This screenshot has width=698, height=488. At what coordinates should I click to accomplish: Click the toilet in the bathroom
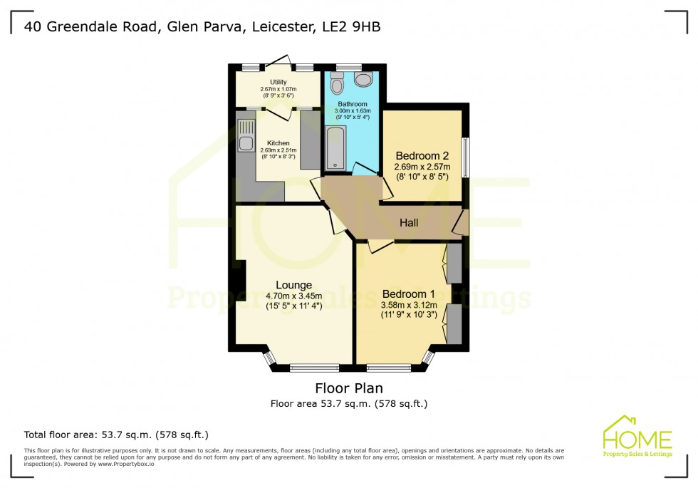point(337,85)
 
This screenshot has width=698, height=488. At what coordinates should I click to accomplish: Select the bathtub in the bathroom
point(335,148)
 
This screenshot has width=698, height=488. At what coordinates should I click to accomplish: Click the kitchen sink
point(246,135)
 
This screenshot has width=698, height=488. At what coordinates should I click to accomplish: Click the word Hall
point(409,223)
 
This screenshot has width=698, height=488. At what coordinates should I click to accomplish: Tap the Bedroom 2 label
point(422,156)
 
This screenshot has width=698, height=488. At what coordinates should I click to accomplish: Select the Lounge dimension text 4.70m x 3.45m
point(294,297)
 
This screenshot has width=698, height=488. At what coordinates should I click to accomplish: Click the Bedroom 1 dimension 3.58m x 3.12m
point(408,306)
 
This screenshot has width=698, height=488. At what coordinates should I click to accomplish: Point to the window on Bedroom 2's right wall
point(464,157)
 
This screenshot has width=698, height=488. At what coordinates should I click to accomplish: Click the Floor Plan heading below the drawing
point(349,388)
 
